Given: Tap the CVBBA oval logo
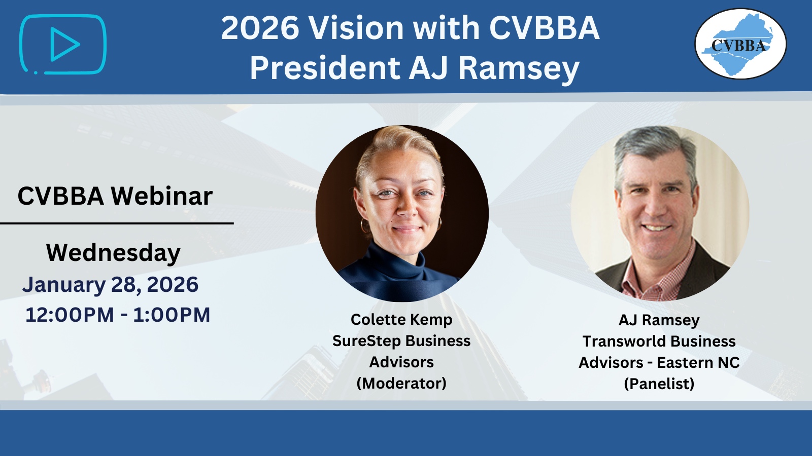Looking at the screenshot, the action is (740, 44).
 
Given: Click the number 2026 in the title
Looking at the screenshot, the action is (260, 28).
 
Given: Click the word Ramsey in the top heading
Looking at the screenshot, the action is (519, 69).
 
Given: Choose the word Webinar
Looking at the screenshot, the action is (162, 196).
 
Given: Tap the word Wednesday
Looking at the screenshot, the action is (114, 253).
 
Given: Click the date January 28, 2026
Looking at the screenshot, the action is (111, 284).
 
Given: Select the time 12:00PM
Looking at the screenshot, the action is (70, 315).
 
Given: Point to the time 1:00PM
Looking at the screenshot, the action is (172, 315).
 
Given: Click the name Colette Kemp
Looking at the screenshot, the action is (401, 320).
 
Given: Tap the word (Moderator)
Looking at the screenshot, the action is (401, 383).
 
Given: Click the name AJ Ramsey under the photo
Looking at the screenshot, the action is (659, 320).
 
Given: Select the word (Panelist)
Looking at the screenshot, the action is (659, 384).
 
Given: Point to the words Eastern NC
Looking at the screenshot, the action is (698, 363).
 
